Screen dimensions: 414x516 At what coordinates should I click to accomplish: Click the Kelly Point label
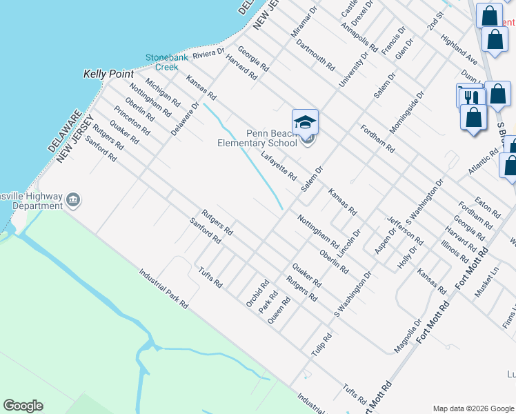click(x=107, y=72)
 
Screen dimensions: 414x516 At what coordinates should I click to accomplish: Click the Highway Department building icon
click(x=73, y=201)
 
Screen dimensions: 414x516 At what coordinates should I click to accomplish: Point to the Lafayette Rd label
click(x=278, y=166)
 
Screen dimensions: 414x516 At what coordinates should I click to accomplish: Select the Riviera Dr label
click(x=209, y=53)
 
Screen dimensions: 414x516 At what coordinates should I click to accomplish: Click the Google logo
click(x=23, y=406)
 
